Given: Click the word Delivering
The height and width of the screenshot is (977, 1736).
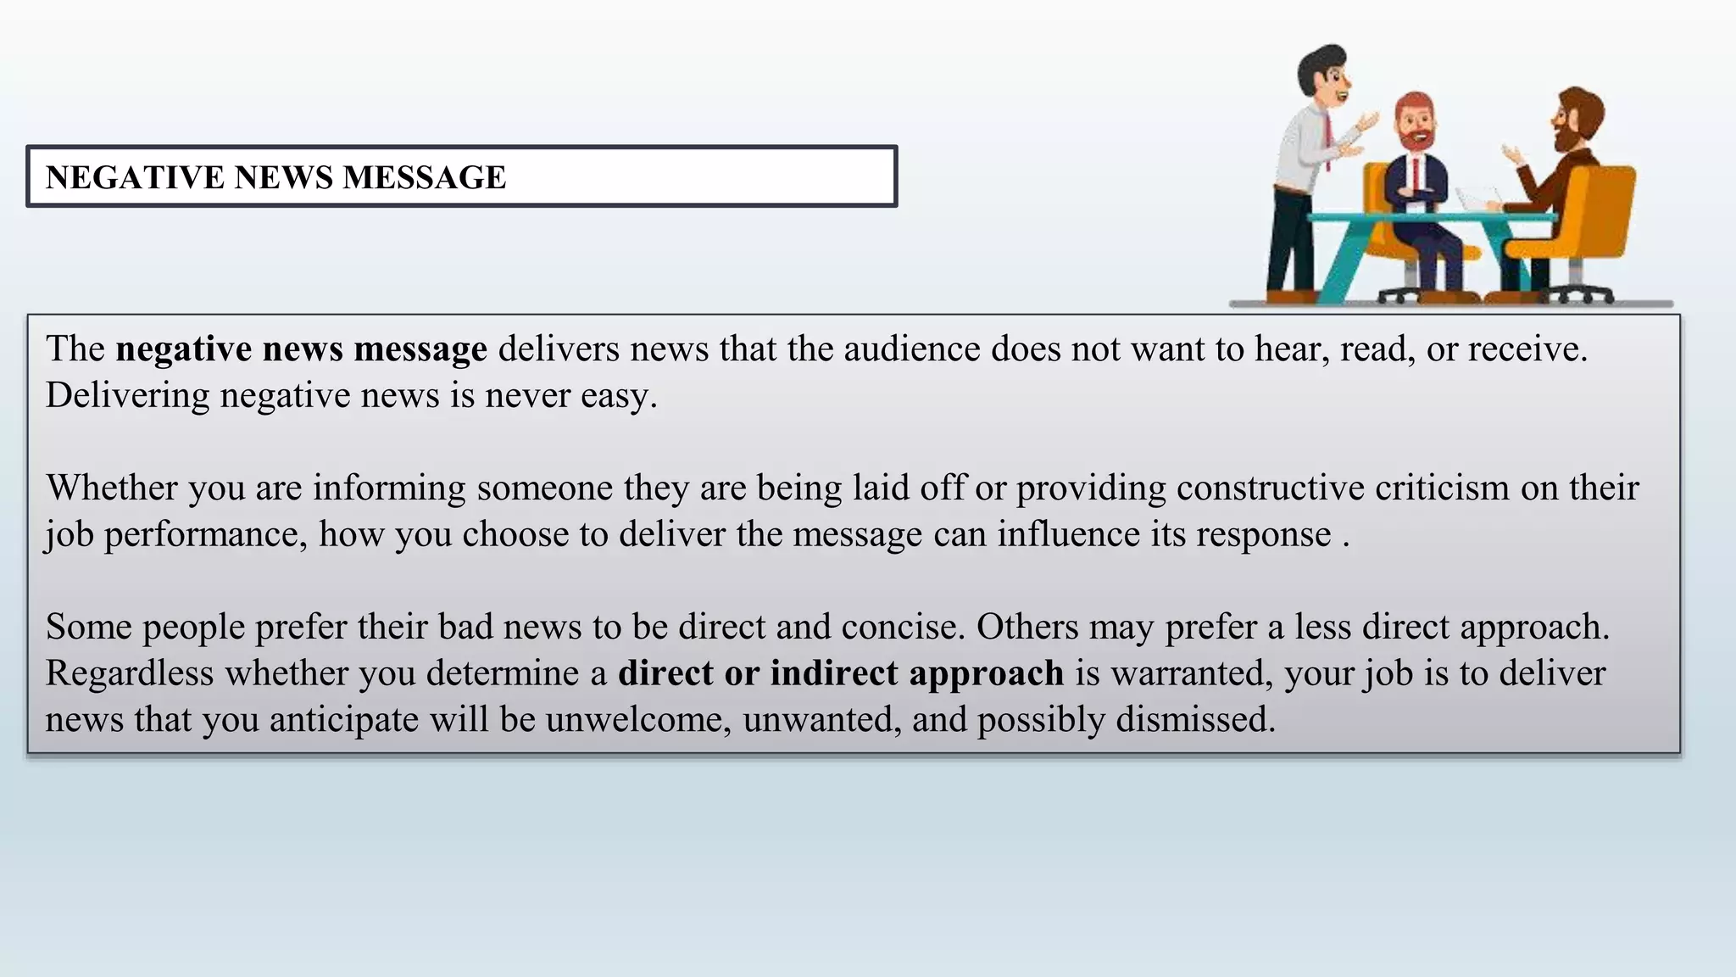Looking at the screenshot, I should [127, 395].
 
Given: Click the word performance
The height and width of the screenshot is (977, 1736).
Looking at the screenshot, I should [206, 534].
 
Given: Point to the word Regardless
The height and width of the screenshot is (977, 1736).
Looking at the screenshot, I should [129, 673].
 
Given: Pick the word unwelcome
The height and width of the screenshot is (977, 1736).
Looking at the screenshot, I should [638, 719].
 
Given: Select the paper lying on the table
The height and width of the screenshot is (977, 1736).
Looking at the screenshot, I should [1477, 200].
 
